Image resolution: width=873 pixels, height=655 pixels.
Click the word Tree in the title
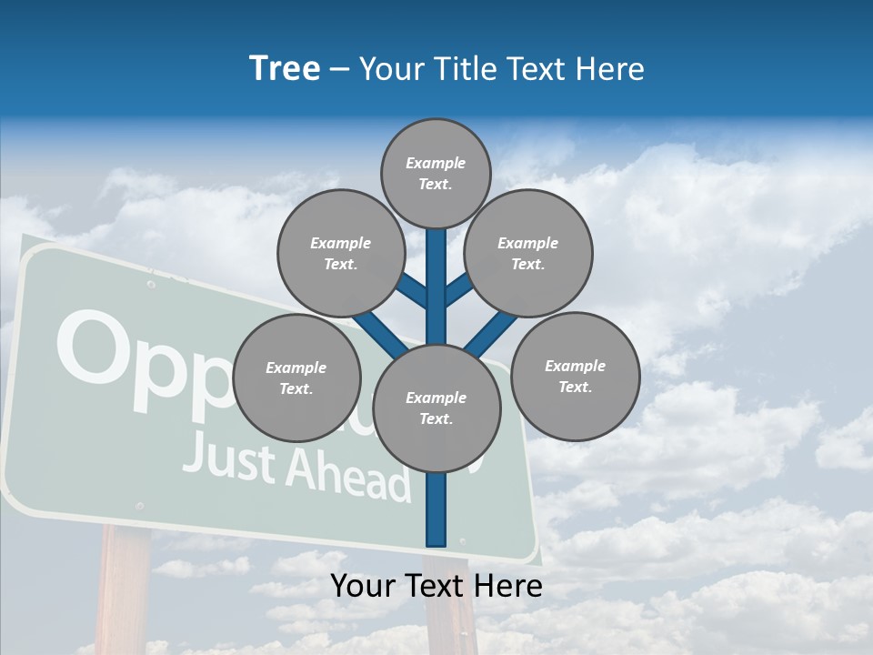[285, 68]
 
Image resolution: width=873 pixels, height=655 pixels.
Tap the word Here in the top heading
[609, 68]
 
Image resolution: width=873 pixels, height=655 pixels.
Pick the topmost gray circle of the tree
[436, 173]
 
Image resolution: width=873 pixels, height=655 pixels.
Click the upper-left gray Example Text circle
[340, 253]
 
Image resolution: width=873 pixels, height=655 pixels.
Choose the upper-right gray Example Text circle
[528, 253]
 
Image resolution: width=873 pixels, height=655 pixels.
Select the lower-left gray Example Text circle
[296, 378]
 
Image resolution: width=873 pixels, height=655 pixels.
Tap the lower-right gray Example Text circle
[576, 376]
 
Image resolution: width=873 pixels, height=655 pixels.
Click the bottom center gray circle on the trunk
[436, 408]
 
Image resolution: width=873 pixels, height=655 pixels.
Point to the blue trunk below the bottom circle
[436, 509]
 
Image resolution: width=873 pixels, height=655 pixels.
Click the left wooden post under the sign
[124, 591]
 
